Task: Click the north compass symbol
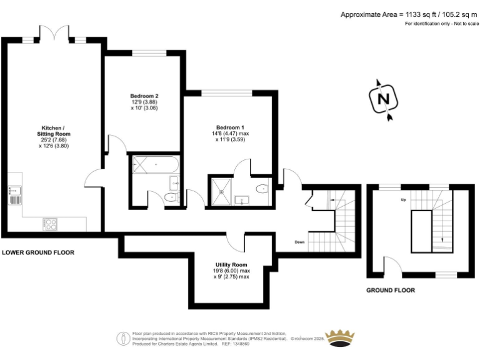pos(383,99)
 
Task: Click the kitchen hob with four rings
pos(50,222)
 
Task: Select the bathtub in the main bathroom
pos(156,166)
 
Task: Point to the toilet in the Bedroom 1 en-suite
pos(263,188)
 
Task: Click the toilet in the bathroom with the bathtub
pos(169,197)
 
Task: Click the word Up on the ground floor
pos(404,200)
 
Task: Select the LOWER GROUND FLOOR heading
pos(38,253)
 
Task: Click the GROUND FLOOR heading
pos(390,290)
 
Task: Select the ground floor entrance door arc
pos(391,266)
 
